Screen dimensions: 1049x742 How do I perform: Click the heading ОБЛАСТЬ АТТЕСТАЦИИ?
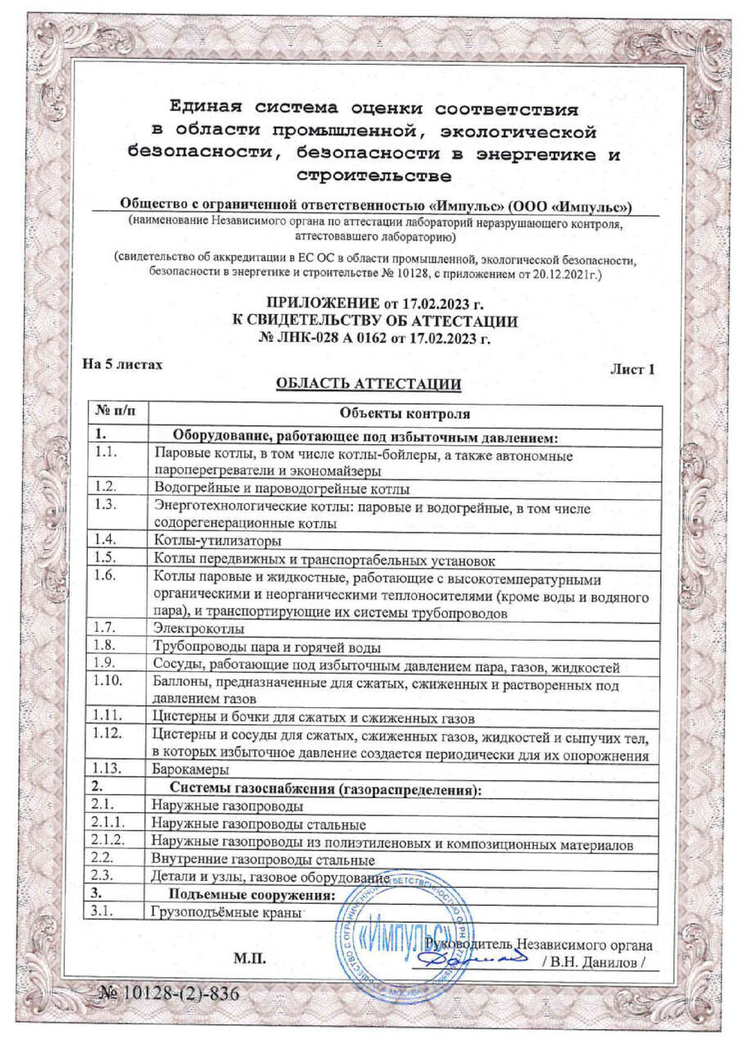[x=368, y=384]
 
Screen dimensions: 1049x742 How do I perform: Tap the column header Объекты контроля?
[x=404, y=412]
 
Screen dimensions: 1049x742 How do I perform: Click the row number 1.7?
[x=107, y=629]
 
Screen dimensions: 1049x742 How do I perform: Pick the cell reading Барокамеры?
[x=190, y=770]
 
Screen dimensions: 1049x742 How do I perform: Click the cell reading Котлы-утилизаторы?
[x=217, y=541]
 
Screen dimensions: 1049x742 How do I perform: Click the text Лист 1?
[x=632, y=370]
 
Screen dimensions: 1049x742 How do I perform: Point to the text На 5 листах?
[x=122, y=364]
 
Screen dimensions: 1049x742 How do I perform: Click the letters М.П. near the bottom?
[x=248, y=960]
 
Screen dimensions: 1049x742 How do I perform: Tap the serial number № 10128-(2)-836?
[x=167, y=994]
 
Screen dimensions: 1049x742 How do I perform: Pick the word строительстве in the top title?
[x=373, y=175]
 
